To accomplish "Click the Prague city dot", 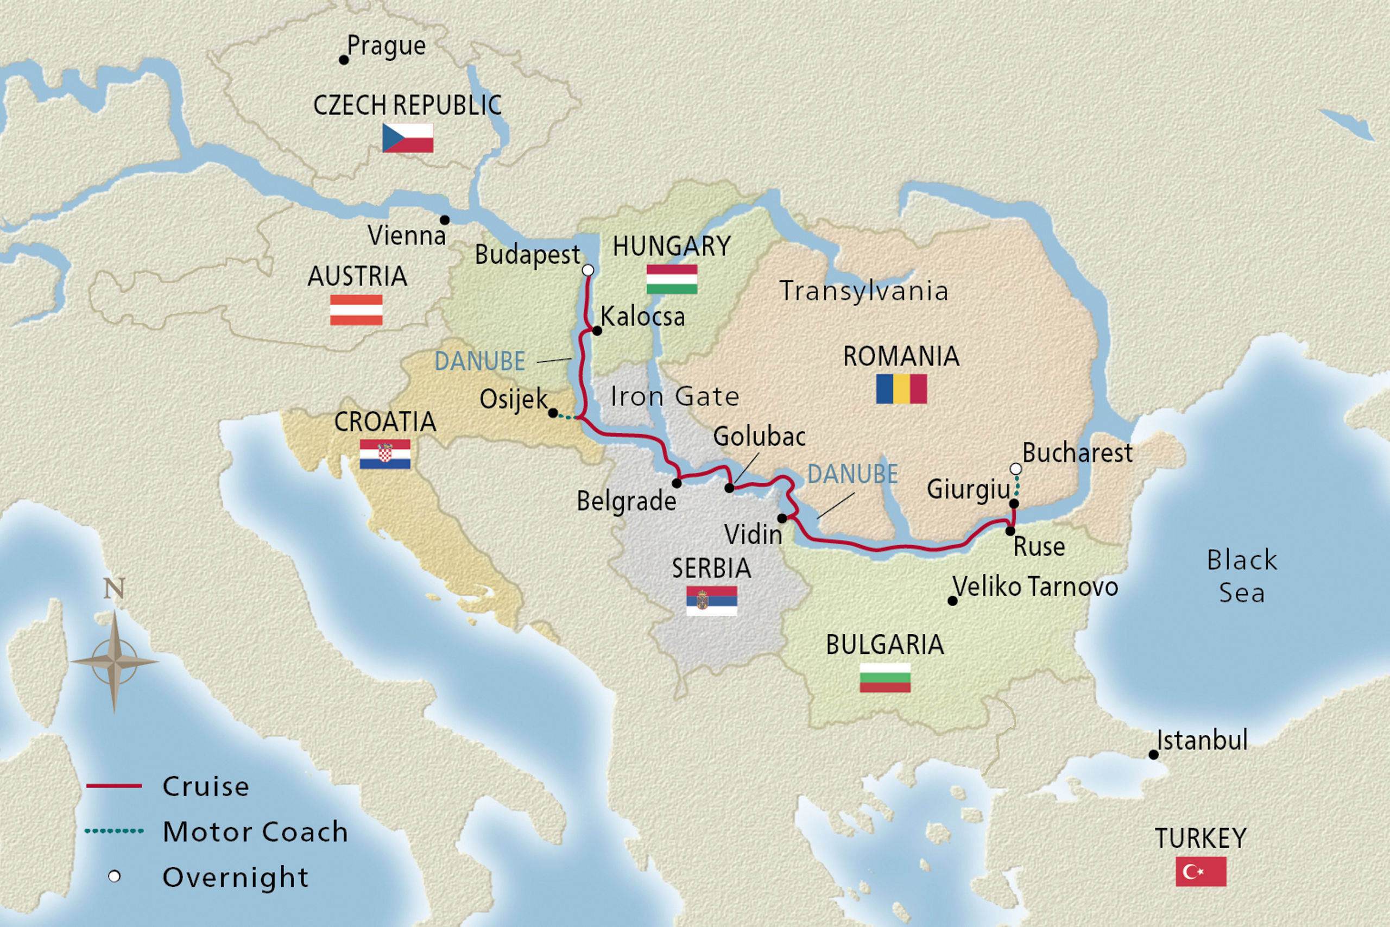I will [343, 60].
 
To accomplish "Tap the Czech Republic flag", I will [407, 138].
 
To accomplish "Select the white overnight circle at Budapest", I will [587, 270].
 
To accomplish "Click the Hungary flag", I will [671, 279].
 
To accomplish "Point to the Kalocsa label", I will [642, 317].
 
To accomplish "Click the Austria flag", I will [356, 310].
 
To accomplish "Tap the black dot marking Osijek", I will [553, 413].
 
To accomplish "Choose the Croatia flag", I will [385, 454].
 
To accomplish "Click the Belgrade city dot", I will [677, 483].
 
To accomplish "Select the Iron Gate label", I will [674, 396].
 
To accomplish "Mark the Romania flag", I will [901, 388].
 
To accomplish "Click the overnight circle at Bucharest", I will [1015, 469].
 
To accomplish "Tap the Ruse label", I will [1039, 547].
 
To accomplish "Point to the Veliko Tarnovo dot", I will [952, 601].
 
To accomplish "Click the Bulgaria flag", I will [884, 678].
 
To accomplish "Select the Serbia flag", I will [711, 601].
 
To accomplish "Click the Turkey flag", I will [1201, 872].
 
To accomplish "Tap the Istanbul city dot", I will [1153, 754].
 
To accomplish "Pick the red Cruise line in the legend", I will [114, 786].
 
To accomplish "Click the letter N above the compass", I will [114, 588].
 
